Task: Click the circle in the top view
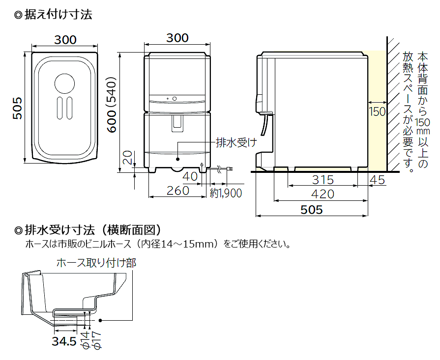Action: coord(64,83)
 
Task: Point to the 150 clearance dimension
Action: coord(377,111)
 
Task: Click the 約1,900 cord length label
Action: coord(226,193)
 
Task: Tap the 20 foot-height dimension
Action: coord(127,158)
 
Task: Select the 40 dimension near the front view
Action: coord(189,176)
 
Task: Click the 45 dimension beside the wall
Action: coord(378,180)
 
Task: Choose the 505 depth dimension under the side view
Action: coord(312,210)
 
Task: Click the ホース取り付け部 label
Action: coord(96,263)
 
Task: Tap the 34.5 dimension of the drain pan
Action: coord(63,342)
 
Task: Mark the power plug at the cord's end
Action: coord(229,169)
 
